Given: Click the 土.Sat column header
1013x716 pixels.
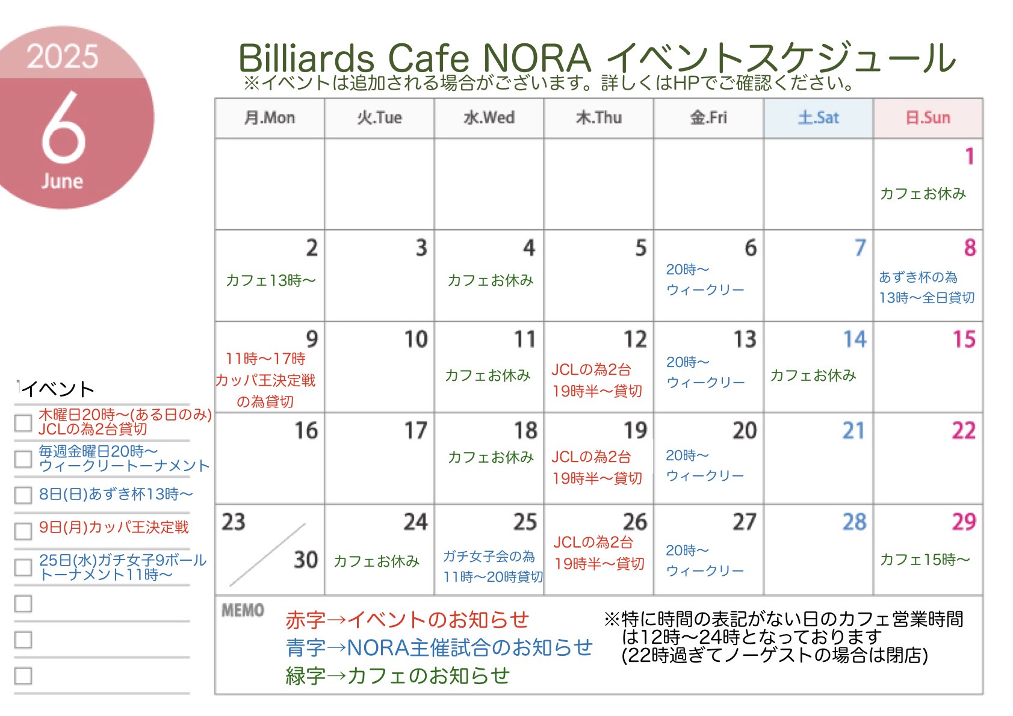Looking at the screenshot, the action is [818, 118].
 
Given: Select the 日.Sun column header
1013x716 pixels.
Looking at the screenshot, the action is [928, 118].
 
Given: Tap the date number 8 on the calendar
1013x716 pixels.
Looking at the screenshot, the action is [970, 248].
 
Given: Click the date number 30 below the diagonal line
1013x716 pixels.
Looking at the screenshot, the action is [306, 560].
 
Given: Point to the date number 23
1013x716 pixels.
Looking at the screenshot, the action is [234, 522].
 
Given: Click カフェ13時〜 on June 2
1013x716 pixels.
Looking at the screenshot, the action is [270, 281].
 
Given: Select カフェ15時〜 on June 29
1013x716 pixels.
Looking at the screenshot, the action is [925, 560].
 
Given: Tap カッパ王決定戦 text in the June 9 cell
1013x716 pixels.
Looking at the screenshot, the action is [265, 380].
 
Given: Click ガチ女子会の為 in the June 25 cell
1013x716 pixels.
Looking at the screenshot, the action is [488, 556].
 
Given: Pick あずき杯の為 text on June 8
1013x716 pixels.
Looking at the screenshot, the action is [918, 277].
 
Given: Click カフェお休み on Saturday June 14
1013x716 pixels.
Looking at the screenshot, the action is [813, 375].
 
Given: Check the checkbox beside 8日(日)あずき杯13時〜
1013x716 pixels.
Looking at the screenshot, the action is [23, 495].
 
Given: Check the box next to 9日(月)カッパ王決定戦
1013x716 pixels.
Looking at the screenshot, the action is [23, 531].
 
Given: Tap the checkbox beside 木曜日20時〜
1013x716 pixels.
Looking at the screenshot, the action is [23, 423].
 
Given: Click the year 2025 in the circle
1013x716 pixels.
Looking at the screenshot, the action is [63, 57].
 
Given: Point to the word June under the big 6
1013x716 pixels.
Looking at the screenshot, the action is [63, 181].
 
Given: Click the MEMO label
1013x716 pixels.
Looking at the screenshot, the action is [243, 610].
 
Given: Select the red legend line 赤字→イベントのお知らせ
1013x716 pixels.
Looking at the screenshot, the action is [407, 620].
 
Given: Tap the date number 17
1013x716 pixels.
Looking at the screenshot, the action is [415, 430].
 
